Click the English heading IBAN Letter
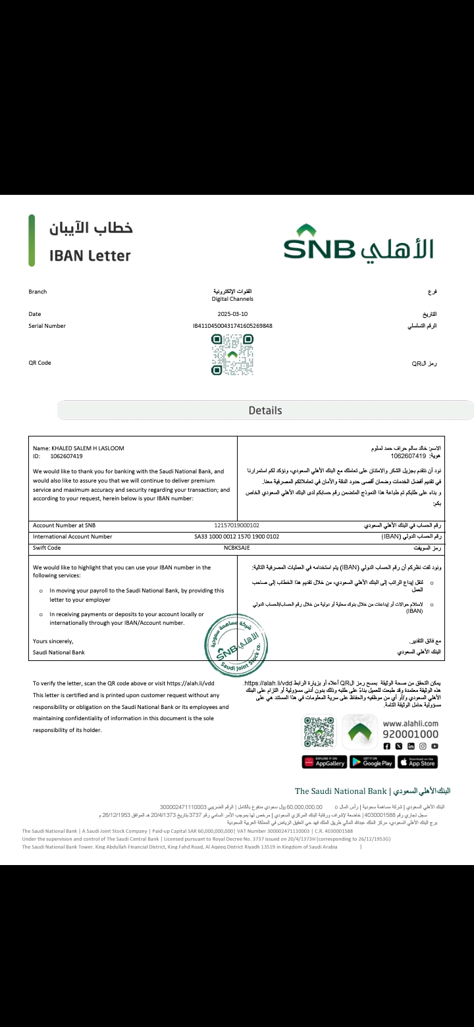click(x=90, y=255)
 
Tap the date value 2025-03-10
click(x=232, y=314)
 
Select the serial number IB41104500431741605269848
click(x=232, y=326)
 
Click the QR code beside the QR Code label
click(x=232, y=355)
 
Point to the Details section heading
click(x=265, y=410)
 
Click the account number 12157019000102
click(x=237, y=525)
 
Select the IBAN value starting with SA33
click(x=236, y=537)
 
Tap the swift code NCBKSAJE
click(x=236, y=548)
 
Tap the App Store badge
click(x=418, y=762)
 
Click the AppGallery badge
click(x=325, y=762)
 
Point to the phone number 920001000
click(x=410, y=734)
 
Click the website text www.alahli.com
click(x=410, y=723)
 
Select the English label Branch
click(x=38, y=292)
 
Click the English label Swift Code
click(x=47, y=548)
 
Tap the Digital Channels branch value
click(x=232, y=299)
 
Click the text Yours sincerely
click(x=53, y=641)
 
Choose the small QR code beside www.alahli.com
click(x=319, y=731)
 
